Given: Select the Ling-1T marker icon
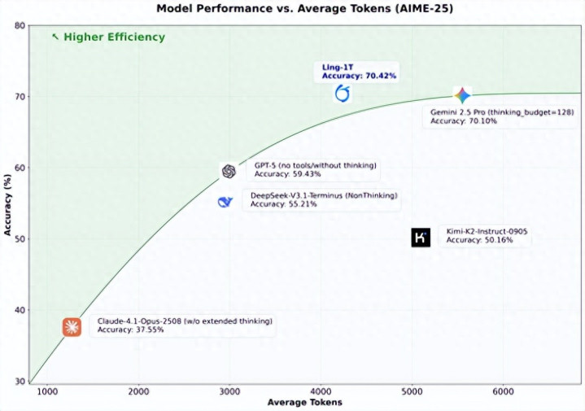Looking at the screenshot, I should [343, 94].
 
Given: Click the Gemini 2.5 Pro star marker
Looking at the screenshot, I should [462, 95].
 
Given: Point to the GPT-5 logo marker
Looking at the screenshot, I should [229, 171].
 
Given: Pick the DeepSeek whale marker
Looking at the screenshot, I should [225, 201].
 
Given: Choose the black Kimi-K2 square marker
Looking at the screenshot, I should [421, 238].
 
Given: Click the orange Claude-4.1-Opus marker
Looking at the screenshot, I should [72, 327].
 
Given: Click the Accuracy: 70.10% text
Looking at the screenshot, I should [464, 120].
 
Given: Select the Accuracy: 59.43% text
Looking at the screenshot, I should [288, 174].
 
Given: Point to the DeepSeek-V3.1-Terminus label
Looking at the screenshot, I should [323, 195].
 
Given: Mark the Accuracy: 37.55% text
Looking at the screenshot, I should [131, 330].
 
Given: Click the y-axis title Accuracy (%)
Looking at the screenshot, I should [7, 203].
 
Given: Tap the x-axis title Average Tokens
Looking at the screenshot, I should [304, 402].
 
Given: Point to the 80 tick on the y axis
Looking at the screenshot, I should [18, 25].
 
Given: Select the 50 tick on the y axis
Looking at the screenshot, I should [18, 239].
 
